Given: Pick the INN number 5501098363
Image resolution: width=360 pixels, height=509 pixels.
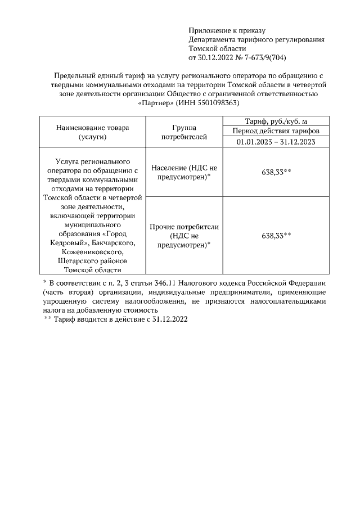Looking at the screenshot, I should [x=220, y=103].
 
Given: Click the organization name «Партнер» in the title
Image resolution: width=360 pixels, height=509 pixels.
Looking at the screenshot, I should [x=155, y=103].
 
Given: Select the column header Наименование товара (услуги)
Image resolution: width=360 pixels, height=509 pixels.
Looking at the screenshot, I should [x=92, y=132].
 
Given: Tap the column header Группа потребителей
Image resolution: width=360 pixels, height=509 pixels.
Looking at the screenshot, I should [x=184, y=132].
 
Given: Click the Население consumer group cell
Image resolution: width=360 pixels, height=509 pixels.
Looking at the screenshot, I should [x=184, y=172].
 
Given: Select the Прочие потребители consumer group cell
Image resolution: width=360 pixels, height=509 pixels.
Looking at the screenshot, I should [x=184, y=236].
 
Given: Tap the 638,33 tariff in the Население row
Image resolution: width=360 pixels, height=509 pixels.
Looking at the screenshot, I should [x=276, y=172].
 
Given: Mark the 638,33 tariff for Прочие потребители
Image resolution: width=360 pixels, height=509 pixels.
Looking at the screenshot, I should [x=276, y=236].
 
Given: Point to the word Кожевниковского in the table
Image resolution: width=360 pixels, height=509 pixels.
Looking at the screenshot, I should [x=92, y=252].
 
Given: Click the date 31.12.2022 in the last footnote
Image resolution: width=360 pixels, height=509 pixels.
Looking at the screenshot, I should [x=169, y=319].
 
